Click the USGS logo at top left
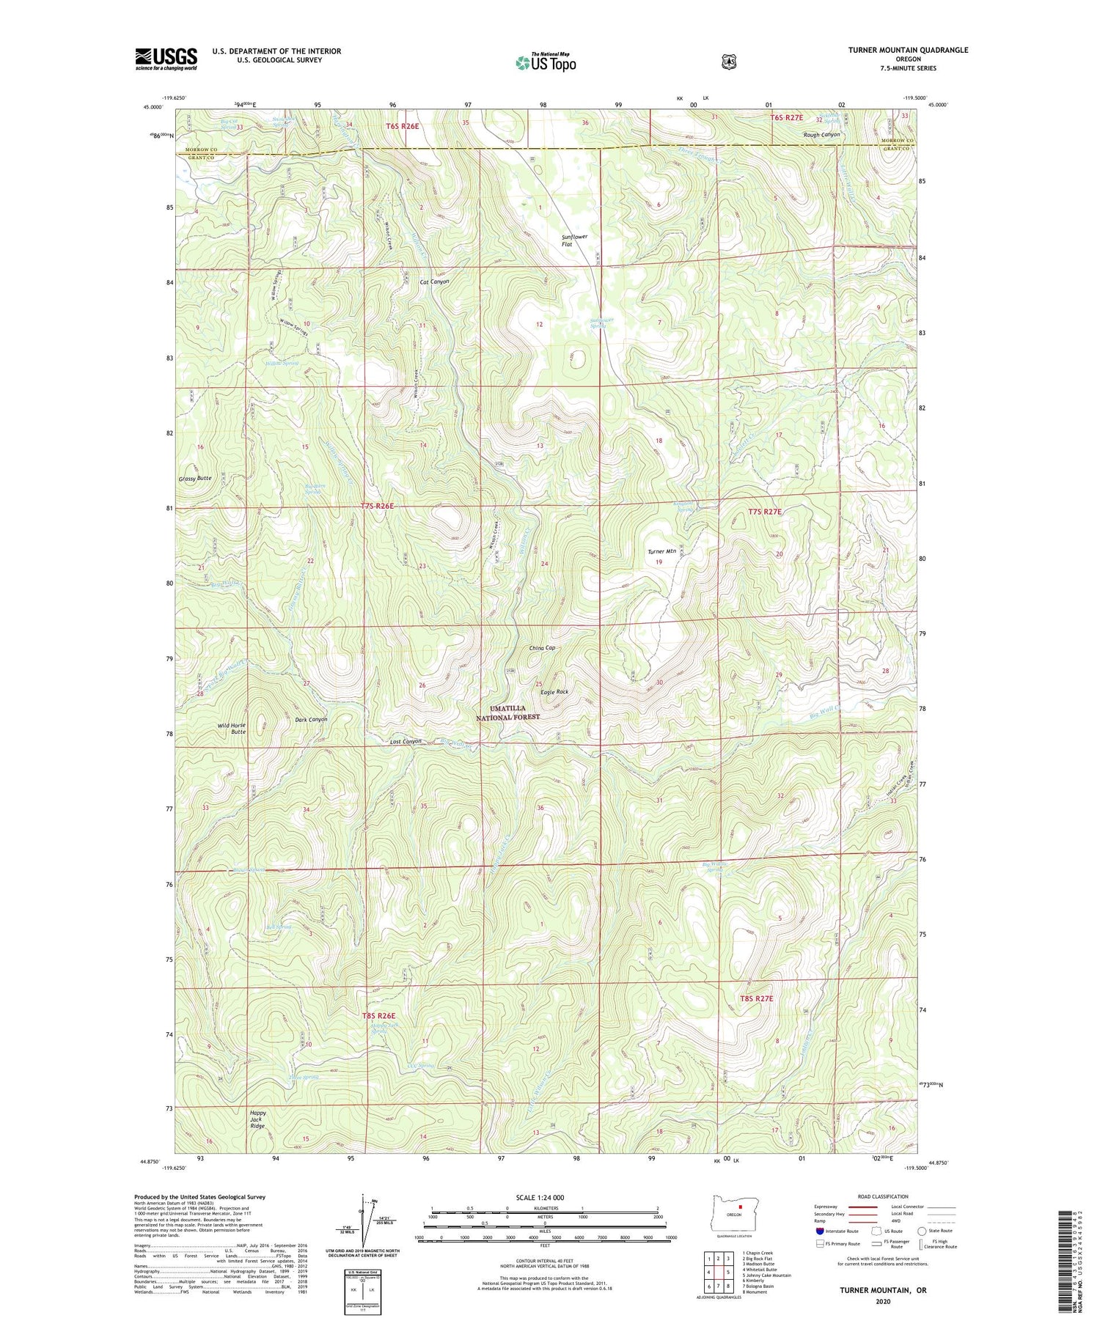pyautogui.click(x=166, y=59)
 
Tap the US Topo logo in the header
pyautogui.click(x=546, y=62)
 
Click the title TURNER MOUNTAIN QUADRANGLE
pyautogui.click(x=898, y=50)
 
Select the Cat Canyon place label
pyautogui.click(x=434, y=281)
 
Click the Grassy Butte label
pyautogui.click(x=195, y=478)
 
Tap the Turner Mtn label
pyautogui.click(x=661, y=551)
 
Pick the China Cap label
pyautogui.click(x=542, y=648)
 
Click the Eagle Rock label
pyautogui.click(x=554, y=691)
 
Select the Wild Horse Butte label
pyautogui.click(x=232, y=728)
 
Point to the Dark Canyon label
pyautogui.click(x=311, y=719)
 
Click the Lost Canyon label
pyautogui.click(x=406, y=741)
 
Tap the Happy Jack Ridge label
pyautogui.click(x=257, y=1119)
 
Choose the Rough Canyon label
pyautogui.click(x=821, y=135)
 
